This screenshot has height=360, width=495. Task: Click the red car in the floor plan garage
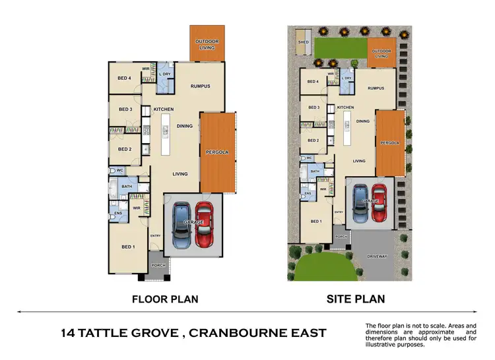click(x=205, y=225)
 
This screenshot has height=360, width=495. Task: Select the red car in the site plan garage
click(x=378, y=204)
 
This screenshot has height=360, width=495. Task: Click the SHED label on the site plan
click(x=304, y=42)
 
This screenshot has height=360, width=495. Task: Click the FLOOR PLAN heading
click(x=165, y=299)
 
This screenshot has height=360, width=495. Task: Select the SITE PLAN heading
click(x=356, y=299)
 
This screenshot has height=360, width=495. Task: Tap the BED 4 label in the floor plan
click(x=125, y=78)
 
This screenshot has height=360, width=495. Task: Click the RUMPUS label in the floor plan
click(x=200, y=86)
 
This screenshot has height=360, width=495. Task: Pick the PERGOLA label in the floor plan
click(x=217, y=152)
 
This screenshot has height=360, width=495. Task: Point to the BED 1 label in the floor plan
click(x=128, y=247)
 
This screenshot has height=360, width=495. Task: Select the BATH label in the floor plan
click(x=127, y=187)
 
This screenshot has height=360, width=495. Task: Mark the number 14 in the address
click(x=67, y=333)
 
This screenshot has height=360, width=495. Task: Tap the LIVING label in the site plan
click(x=359, y=160)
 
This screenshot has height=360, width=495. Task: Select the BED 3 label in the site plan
click(x=313, y=107)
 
